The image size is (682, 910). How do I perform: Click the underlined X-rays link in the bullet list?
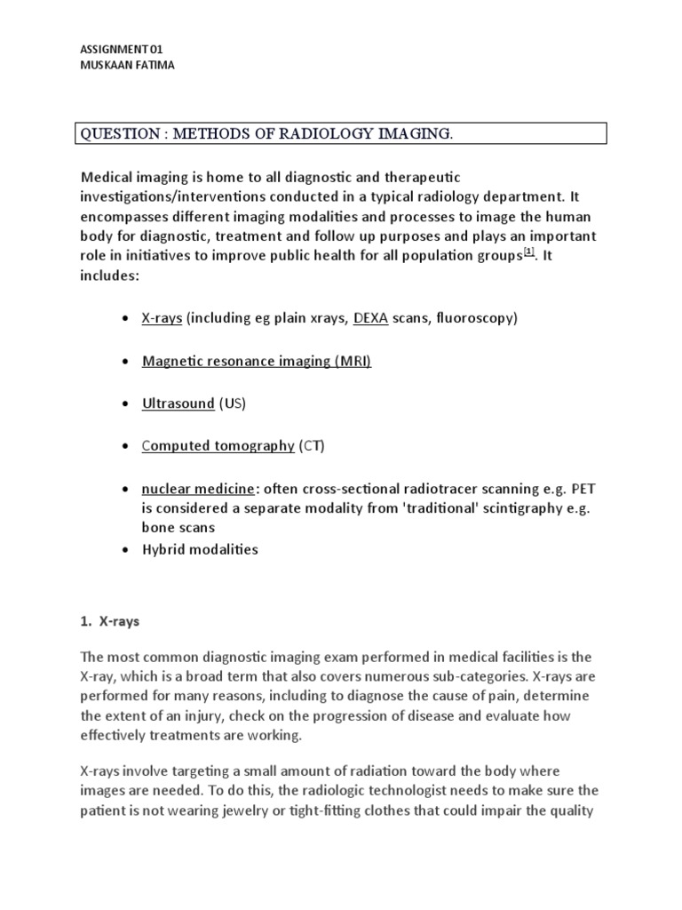[x=162, y=317]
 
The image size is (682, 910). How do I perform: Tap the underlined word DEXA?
[x=370, y=317]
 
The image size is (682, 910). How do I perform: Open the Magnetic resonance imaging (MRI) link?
[x=257, y=361]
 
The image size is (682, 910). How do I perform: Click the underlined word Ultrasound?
[x=178, y=403]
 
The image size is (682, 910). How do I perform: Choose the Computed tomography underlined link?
[x=218, y=446]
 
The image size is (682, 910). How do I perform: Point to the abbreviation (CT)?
[x=312, y=446]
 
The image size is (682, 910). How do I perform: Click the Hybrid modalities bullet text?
[x=200, y=549]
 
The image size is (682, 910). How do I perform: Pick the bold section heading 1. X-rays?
[x=110, y=623]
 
